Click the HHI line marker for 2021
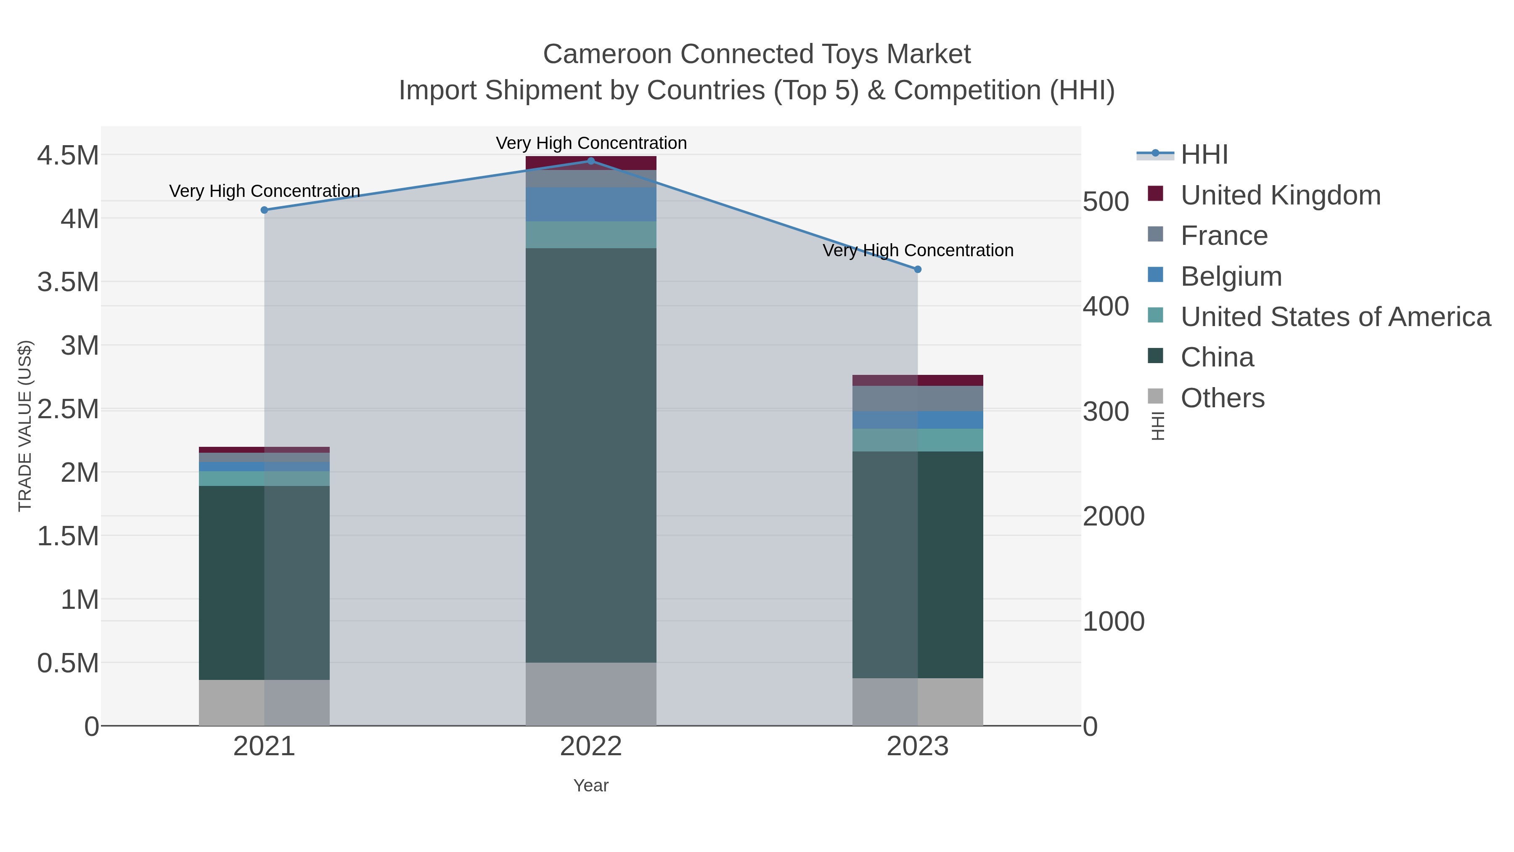coord(264,210)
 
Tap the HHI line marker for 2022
coord(591,161)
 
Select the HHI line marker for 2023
coord(918,269)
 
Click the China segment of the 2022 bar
coord(591,455)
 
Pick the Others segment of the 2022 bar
coord(591,694)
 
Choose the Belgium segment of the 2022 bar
coord(591,204)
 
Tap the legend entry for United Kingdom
coord(1280,195)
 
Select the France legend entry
coord(1224,236)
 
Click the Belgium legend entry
coord(1231,276)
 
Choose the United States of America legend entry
coord(1335,317)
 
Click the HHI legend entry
coord(1204,155)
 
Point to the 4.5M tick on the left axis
coord(68,156)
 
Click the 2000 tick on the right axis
coord(1113,516)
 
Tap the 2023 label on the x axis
coord(918,747)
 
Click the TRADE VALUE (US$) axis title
coord(25,426)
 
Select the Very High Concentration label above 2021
coord(265,191)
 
